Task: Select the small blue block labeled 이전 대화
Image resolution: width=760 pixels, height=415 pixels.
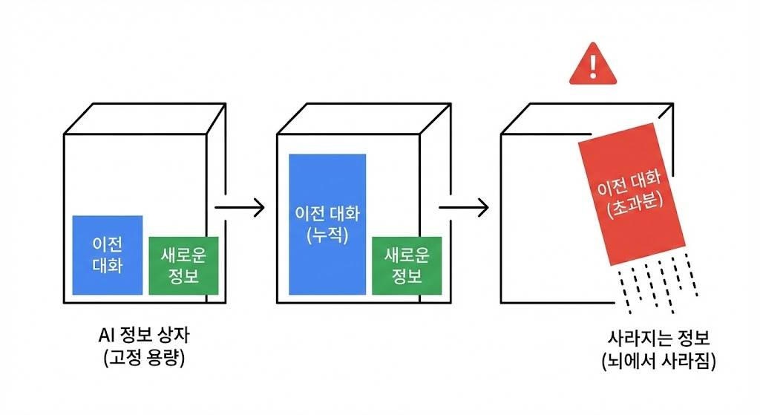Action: point(108,255)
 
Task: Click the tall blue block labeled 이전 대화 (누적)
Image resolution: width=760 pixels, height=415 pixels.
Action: point(327,223)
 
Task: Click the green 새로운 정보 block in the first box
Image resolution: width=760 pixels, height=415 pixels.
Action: point(184,265)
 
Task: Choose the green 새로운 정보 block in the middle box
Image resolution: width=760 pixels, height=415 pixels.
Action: point(406,265)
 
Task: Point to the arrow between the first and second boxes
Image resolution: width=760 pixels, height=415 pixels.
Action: point(238,208)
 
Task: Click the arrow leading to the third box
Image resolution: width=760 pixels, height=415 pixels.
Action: point(463,208)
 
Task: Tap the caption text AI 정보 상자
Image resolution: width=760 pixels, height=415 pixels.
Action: point(144,335)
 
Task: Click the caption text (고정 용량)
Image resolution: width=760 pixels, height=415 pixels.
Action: point(144,358)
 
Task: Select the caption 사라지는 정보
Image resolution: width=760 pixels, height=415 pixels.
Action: point(658,339)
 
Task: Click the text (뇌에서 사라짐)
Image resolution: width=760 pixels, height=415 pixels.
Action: point(658,362)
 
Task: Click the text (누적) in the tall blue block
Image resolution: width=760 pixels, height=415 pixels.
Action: point(327,236)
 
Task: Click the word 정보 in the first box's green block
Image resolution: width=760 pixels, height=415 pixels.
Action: point(184,276)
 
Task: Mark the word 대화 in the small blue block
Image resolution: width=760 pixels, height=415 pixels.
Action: point(108,265)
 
